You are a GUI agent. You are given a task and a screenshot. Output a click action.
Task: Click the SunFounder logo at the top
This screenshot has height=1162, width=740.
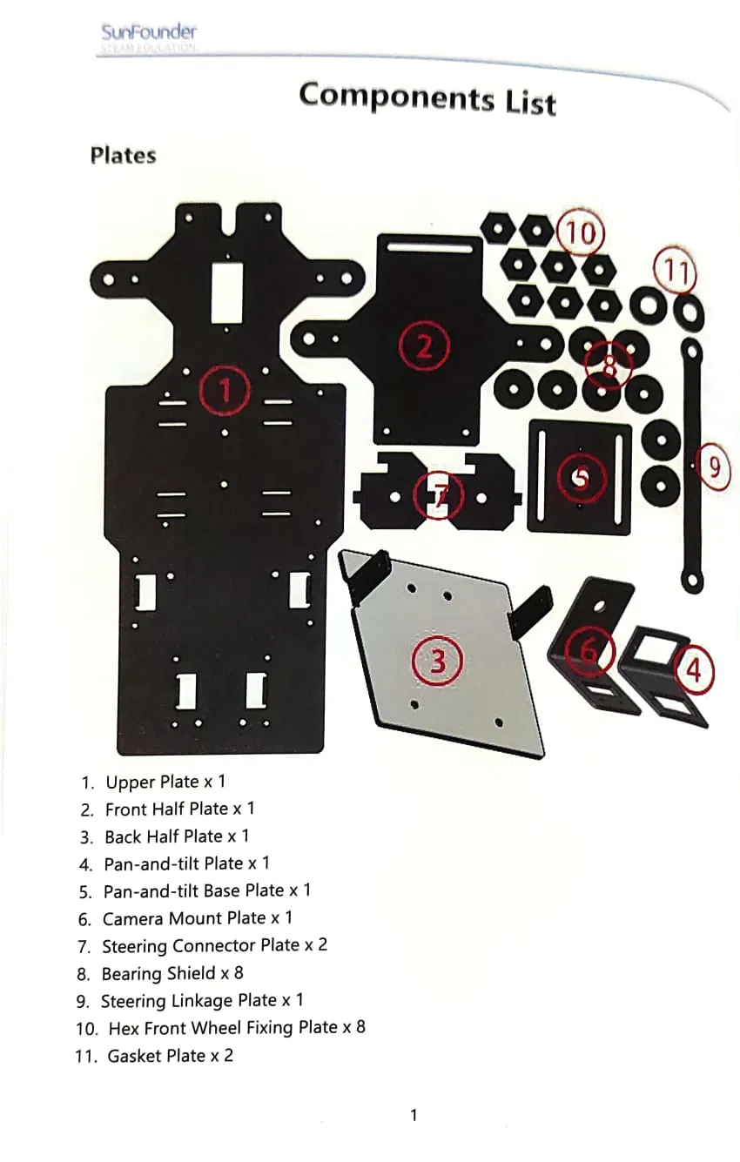coord(149,35)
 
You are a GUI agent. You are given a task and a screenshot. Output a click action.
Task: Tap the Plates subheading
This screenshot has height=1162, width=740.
coord(123,156)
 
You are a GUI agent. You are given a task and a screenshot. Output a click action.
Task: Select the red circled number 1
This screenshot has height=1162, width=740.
coord(225,391)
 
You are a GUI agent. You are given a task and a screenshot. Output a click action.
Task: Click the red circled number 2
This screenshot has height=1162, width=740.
coord(423,346)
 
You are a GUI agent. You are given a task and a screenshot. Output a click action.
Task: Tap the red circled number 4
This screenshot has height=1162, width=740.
coord(693,671)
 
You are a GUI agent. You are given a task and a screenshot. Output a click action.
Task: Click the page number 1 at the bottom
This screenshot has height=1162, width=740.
coord(414,1115)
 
